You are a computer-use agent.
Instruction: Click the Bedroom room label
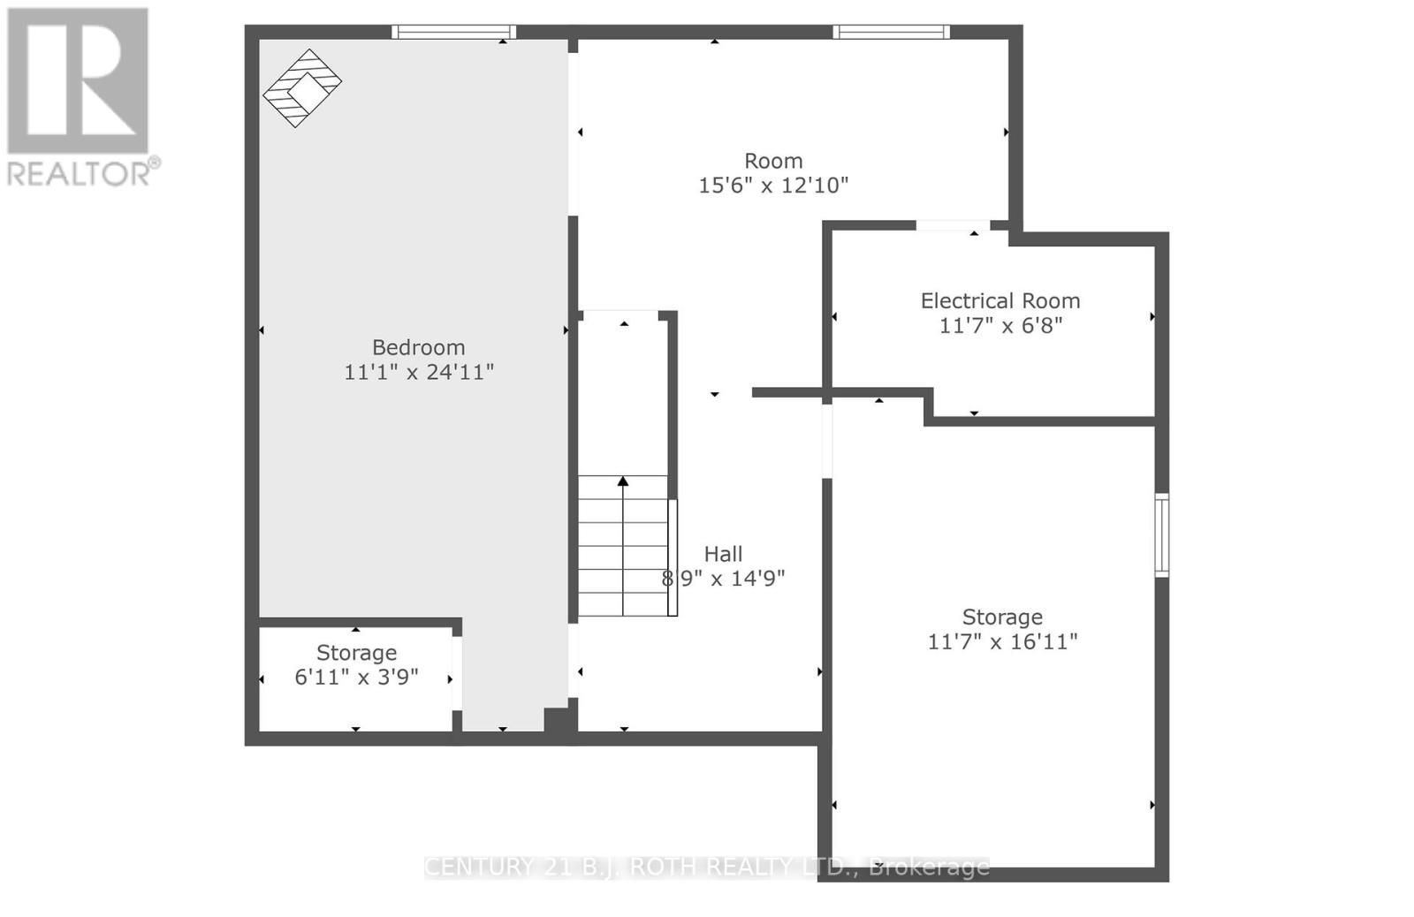418,347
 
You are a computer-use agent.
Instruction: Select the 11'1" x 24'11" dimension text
418,372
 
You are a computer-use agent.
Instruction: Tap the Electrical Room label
1000,300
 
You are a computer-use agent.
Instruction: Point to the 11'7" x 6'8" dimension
1000,325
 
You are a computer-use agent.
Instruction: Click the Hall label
723,554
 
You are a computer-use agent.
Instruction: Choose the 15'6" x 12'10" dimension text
773,186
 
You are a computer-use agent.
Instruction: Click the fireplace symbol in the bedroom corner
301,87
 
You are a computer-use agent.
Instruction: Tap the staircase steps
623,546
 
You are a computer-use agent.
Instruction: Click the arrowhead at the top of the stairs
623,481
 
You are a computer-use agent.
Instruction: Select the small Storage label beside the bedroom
356,653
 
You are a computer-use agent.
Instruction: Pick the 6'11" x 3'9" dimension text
356,678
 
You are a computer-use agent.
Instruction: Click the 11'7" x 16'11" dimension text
1002,641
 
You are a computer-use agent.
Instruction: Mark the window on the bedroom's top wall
453,33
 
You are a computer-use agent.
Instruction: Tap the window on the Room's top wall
891,33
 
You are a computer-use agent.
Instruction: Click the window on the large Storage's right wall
1161,535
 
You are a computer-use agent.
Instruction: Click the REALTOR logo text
84,171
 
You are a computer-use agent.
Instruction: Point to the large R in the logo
78,80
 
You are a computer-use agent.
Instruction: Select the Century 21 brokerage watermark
707,867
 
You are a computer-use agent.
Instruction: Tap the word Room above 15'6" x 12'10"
773,161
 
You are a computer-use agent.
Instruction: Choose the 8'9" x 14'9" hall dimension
723,579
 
